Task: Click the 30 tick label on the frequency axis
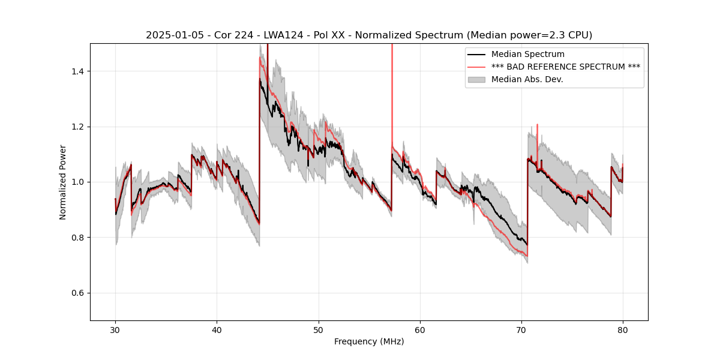[115, 329]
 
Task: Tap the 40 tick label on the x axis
[217, 329]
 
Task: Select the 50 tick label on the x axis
[318, 329]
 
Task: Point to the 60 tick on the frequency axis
[420, 329]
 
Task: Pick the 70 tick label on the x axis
[521, 329]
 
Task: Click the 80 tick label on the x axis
[623, 329]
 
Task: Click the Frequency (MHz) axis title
[369, 341]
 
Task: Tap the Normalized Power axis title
[63, 182]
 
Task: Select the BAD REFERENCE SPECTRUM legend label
[565, 67]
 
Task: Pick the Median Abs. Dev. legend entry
[527, 79]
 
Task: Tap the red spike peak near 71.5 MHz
[537, 125]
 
